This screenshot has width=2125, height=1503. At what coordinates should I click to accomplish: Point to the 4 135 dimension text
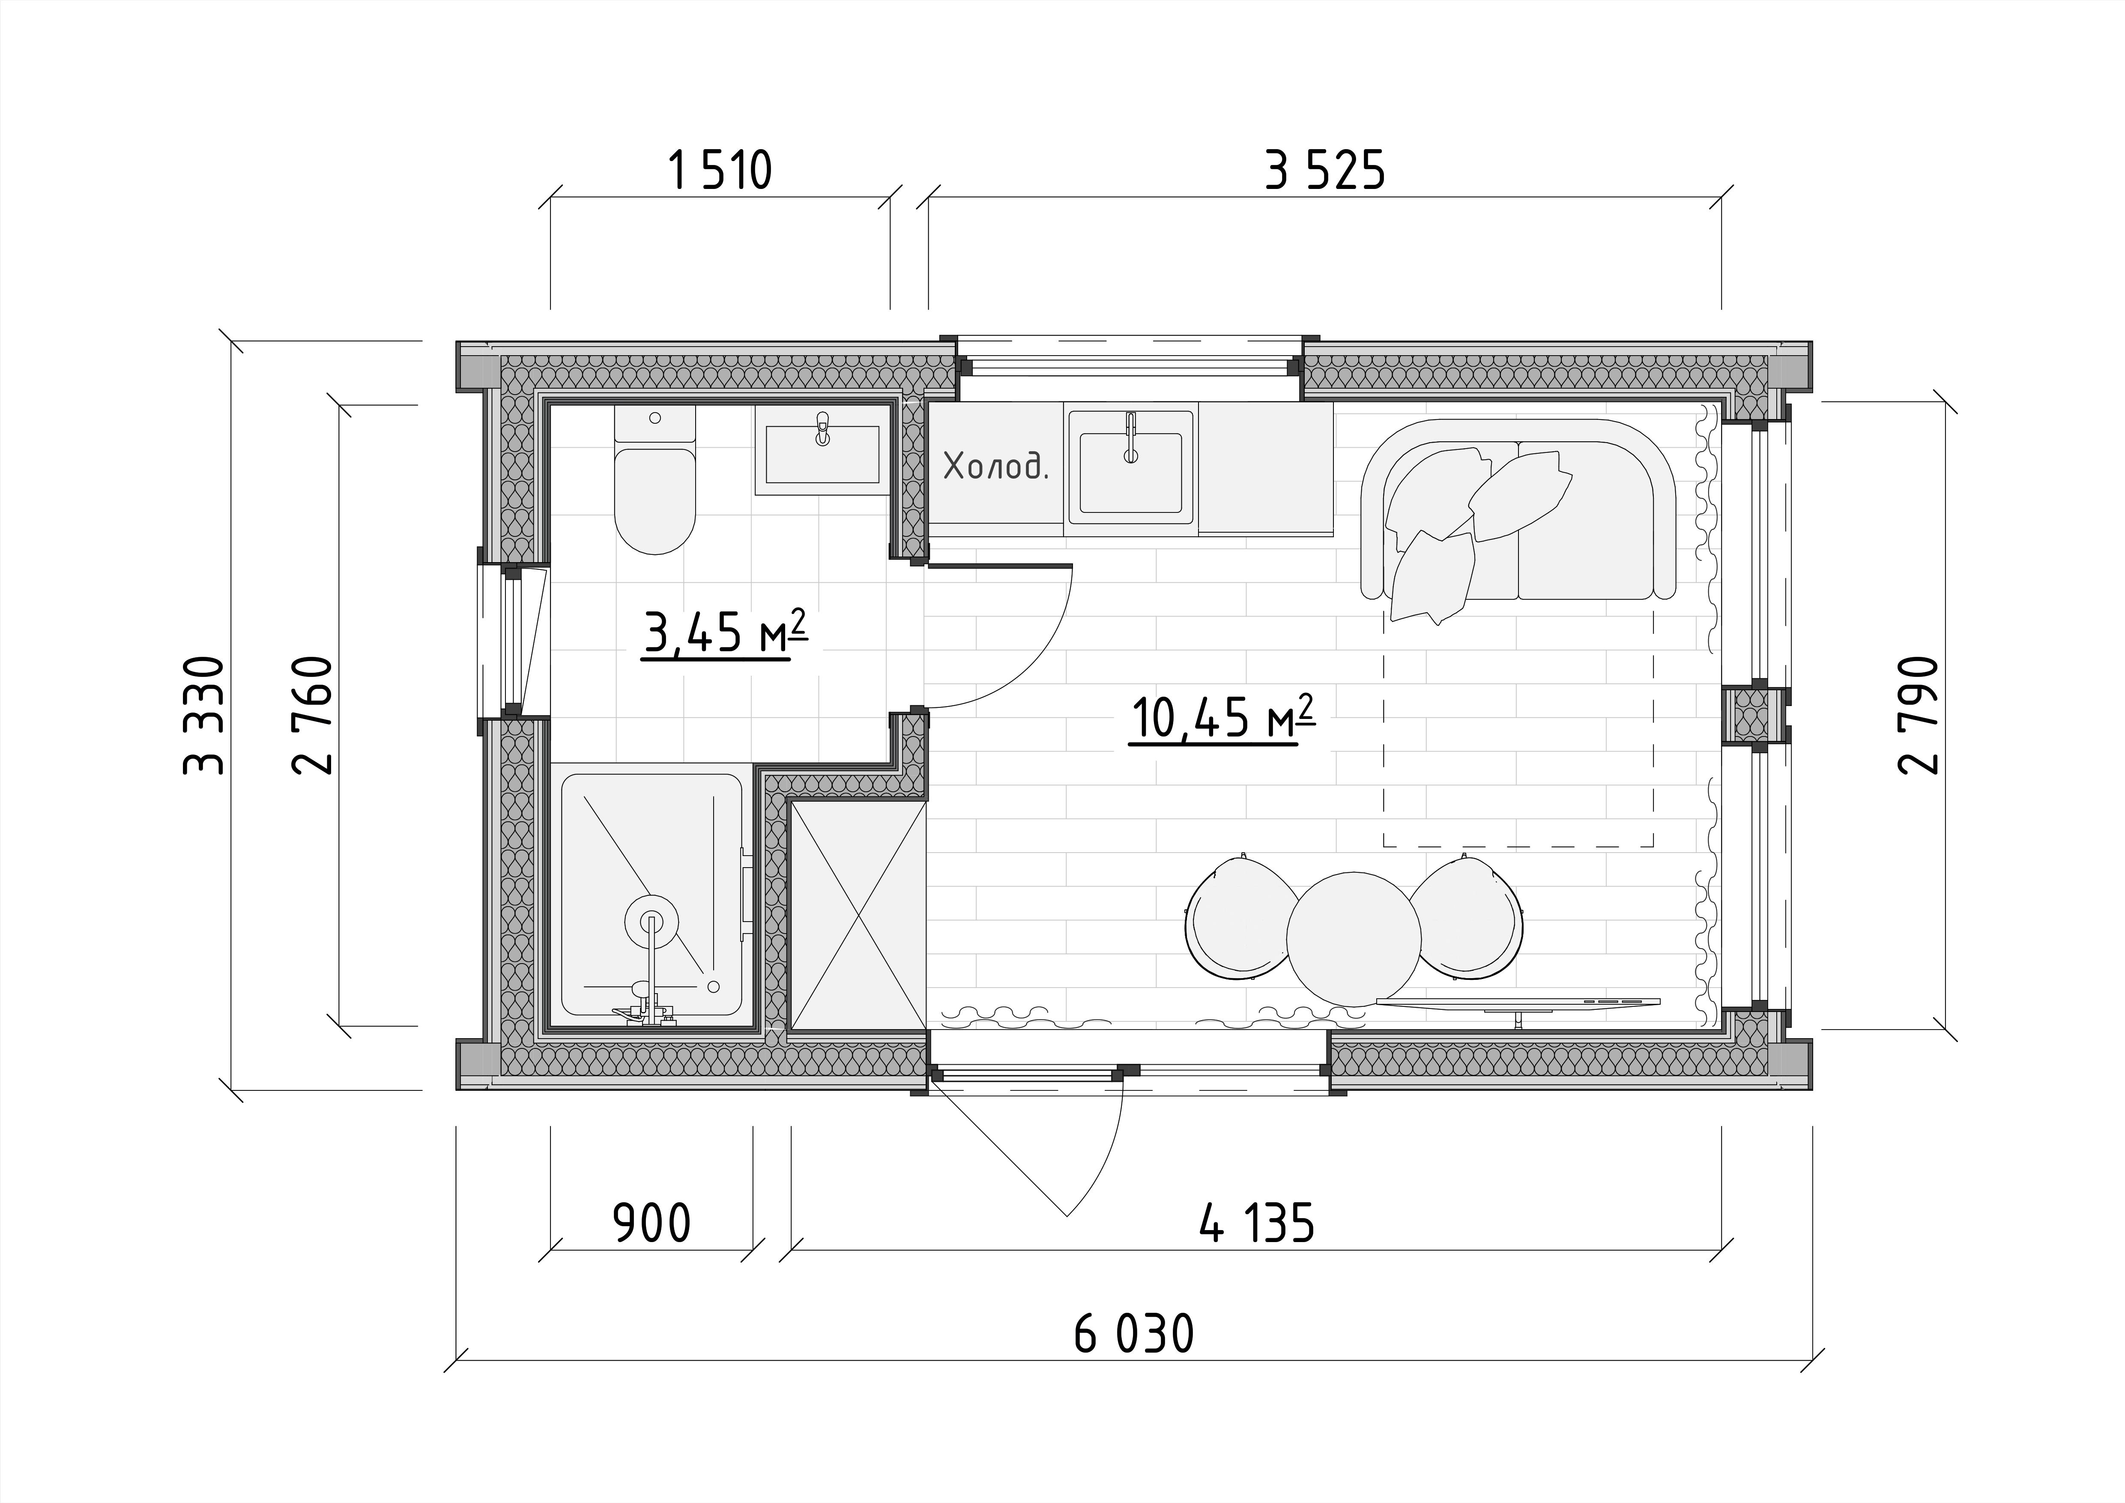click(x=1257, y=1225)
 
